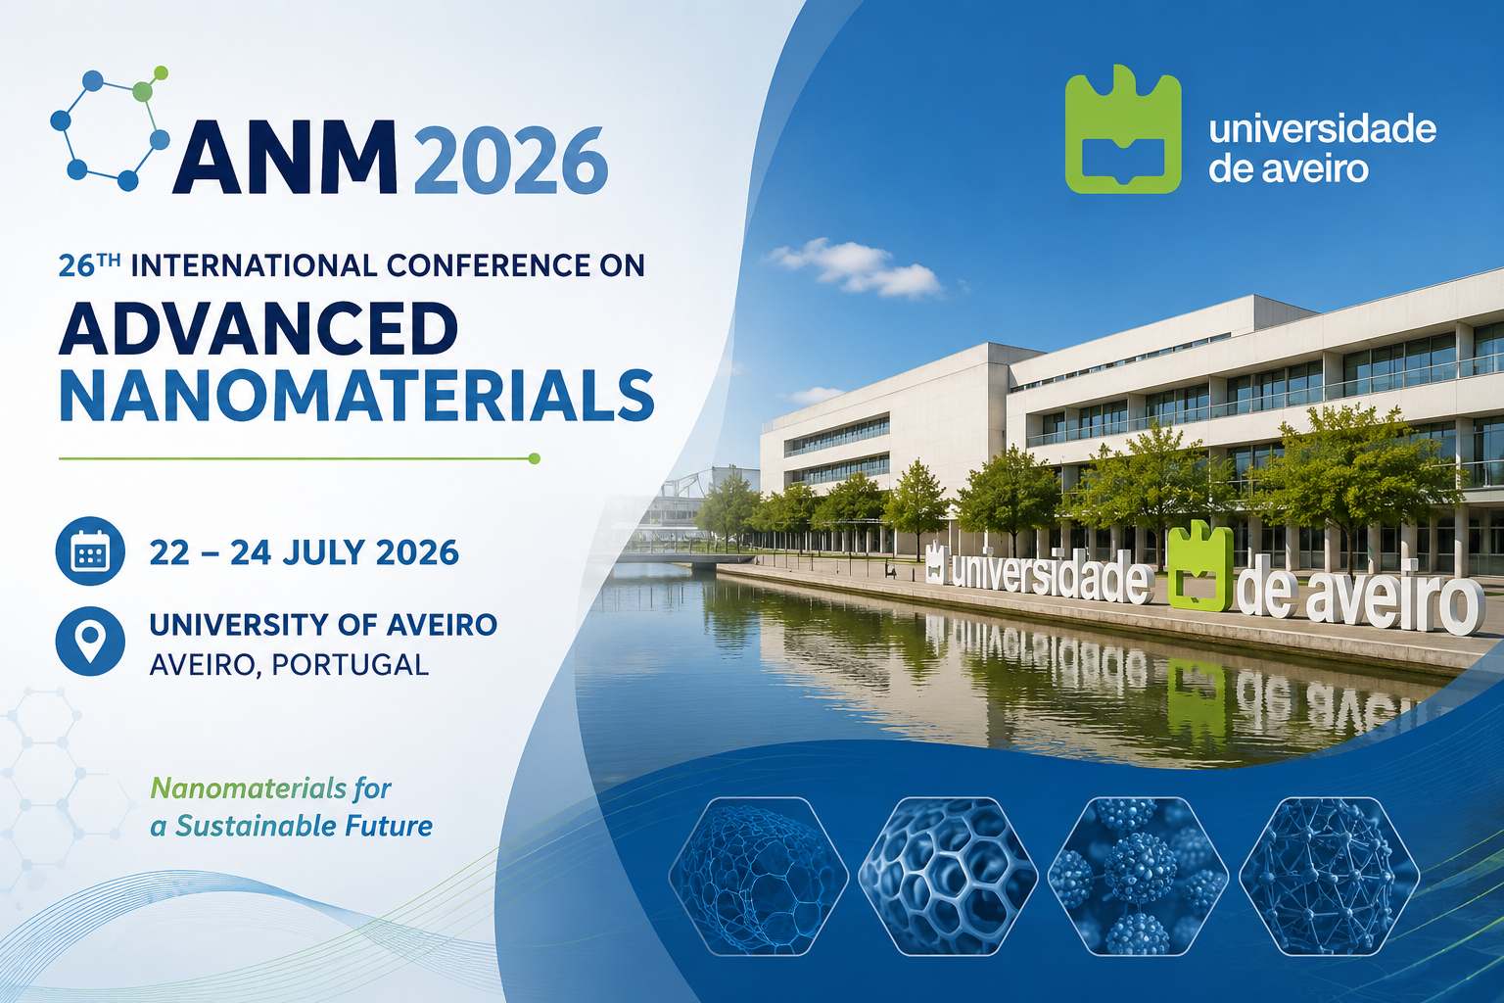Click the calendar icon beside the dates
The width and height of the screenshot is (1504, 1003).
coord(90,550)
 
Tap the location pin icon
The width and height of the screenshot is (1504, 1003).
coord(90,641)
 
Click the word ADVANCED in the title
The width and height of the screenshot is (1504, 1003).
coord(258,328)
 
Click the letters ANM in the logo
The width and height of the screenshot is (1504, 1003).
coord(285,158)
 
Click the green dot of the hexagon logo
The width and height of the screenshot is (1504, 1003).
coord(143,91)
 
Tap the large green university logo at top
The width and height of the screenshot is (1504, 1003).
coord(1123,129)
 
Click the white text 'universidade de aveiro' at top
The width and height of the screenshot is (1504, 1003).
coord(1322,149)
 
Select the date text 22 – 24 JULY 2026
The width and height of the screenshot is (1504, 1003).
coord(305,552)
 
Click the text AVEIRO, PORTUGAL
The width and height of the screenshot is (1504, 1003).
coord(289,665)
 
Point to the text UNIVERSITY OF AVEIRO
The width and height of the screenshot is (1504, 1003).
coord(323,625)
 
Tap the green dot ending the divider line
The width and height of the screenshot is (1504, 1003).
coord(535,458)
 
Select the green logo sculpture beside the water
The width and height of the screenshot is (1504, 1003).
coord(1200,565)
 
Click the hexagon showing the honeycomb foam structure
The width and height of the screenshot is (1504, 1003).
coord(948,876)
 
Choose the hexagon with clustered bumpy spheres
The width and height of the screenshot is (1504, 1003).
coord(1138,876)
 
